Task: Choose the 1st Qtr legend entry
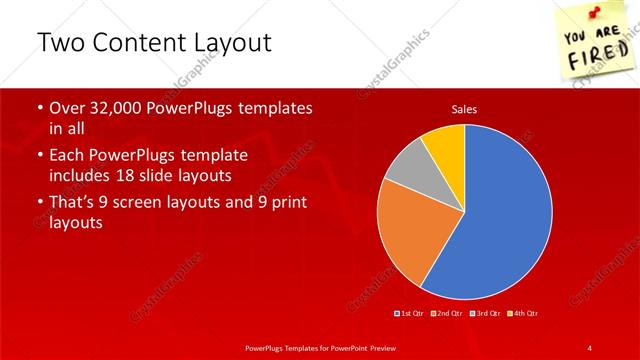click(x=411, y=314)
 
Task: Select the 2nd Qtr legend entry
click(x=446, y=314)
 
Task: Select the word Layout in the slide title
click(x=234, y=44)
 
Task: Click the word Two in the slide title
click(x=57, y=44)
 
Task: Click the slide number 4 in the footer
click(x=590, y=347)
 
